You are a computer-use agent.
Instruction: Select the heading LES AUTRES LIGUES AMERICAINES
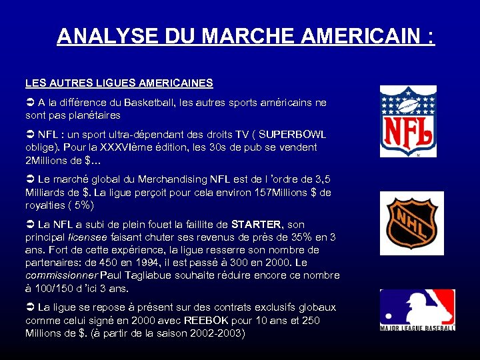pos(119,83)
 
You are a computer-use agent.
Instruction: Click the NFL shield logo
pos(408,121)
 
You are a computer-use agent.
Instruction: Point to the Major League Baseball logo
pos(417,310)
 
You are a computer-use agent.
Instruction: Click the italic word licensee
pos(89,237)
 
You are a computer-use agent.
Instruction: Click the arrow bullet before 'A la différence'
pos(30,103)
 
